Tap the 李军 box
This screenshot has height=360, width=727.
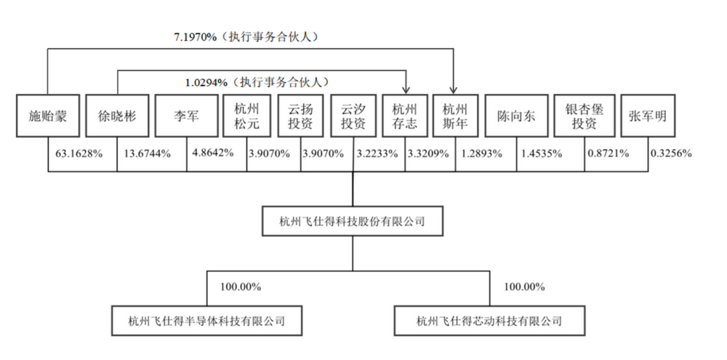(185, 116)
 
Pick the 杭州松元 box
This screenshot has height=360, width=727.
(246, 116)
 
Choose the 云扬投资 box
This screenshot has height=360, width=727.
(300, 116)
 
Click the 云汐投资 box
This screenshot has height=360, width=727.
(353, 116)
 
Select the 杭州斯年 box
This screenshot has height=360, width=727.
(456, 116)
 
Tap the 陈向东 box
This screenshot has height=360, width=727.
(516, 116)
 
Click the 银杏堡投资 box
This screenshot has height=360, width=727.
(585, 116)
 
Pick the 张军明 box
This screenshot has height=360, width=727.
(649, 116)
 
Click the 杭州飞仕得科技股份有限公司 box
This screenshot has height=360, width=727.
(353, 220)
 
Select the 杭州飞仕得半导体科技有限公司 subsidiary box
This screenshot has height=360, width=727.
(206, 319)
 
